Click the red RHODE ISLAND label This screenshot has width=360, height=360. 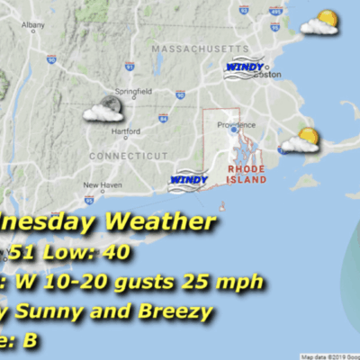(x=247, y=174)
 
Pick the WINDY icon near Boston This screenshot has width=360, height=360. (x=244, y=67)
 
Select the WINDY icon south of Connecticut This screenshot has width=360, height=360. (x=188, y=180)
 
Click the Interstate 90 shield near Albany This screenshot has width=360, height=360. (x=50, y=59)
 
